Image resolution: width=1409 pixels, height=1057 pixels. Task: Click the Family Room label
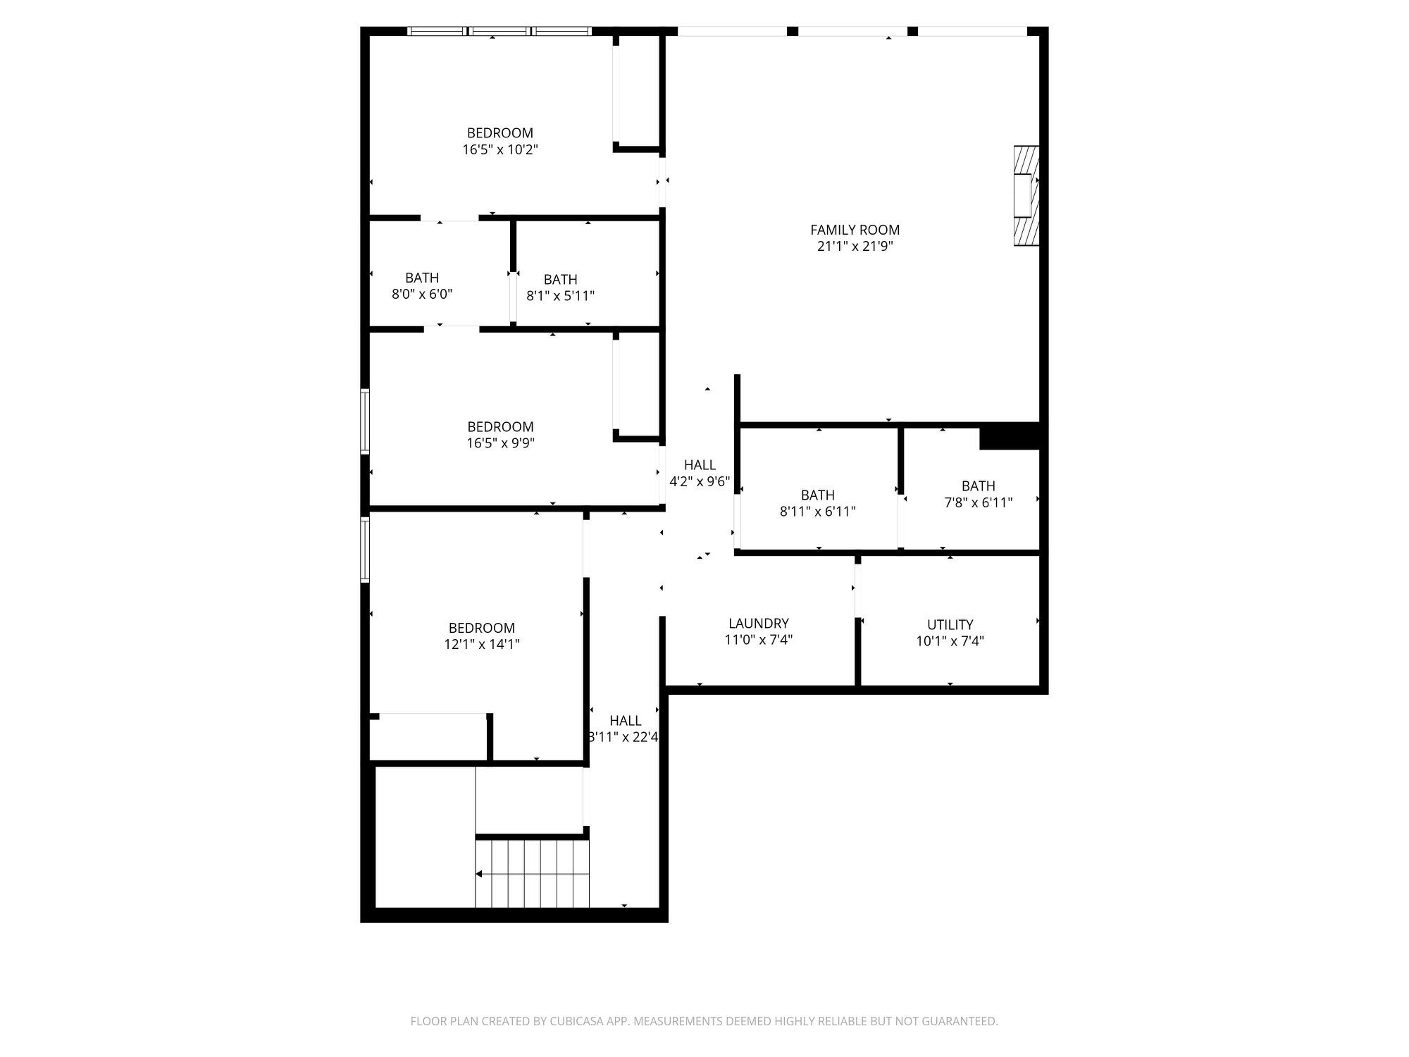point(855,230)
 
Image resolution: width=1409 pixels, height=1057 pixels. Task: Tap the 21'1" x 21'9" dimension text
point(855,247)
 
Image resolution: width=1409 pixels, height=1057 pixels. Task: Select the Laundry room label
point(759,624)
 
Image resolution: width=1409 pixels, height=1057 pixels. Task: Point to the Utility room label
point(950,625)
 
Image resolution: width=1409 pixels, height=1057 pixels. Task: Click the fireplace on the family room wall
point(1026,195)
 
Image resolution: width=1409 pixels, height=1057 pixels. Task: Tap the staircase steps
point(533,874)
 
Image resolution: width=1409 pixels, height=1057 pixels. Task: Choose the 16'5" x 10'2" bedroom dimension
point(500,150)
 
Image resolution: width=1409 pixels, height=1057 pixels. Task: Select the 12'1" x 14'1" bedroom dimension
point(482,644)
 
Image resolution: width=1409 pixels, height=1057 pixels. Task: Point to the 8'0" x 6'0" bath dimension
point(422,294)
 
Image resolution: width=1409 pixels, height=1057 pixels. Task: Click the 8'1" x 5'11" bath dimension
point(561,296)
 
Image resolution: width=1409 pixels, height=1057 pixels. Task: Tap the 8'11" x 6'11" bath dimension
point(818,512)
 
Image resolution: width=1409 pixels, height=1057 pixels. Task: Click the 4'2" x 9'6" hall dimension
point(700,482)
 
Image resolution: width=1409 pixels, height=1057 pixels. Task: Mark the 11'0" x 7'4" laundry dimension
point(759,641)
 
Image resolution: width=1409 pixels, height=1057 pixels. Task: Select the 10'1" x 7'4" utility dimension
point(950,642)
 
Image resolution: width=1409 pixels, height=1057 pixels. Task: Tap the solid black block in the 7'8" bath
point(1010,435)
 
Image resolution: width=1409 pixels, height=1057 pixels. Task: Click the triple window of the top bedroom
point(499,31)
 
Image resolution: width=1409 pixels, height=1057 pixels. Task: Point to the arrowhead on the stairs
point(479,874)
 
